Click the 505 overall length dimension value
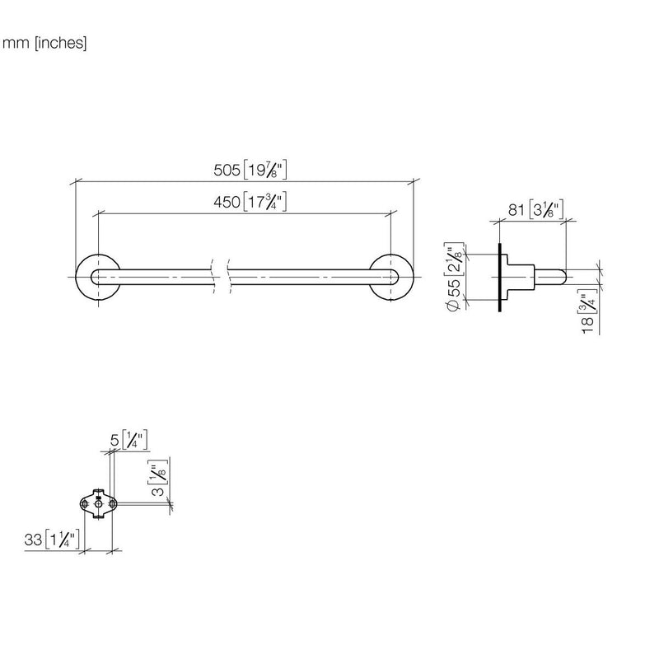coord(227,171)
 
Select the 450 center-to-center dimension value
coord(227,202)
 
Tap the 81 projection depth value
coord(516,209)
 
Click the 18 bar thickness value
coord(587,325)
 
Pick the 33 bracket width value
coord(33,540)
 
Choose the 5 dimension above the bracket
coord(115,440)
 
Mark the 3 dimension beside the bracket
coord(157,490)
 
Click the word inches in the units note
coord(60,43)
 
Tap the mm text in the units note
coord(16,44)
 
